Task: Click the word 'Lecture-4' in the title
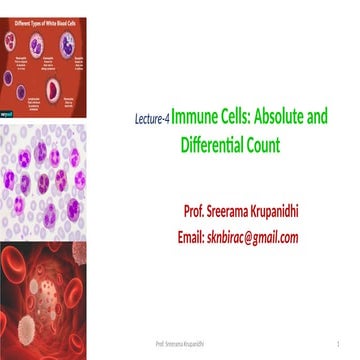point(152,120)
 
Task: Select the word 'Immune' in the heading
point(195,118)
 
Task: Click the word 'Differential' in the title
point(217,145)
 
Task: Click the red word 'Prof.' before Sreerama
point(194,212)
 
